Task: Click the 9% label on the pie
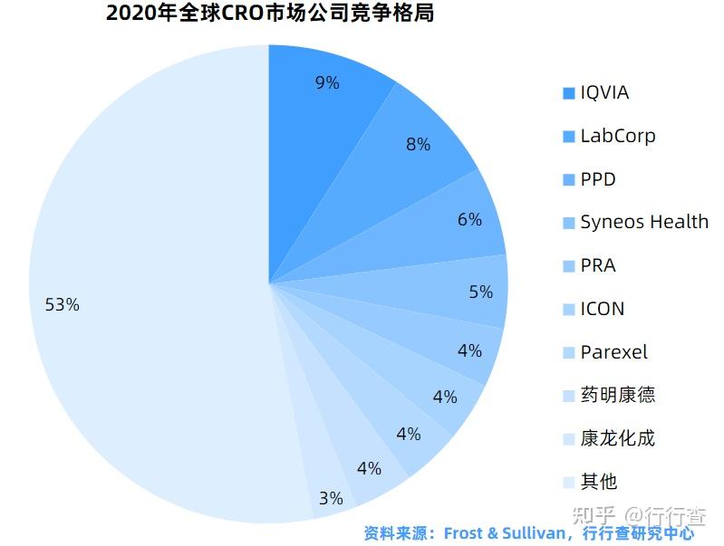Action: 327,83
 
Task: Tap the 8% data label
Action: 418,144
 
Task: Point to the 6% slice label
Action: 469,219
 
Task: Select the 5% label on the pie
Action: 480,292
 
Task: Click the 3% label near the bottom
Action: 331,498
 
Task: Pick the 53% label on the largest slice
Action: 63,305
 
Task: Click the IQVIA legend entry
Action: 603,92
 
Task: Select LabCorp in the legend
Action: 617,136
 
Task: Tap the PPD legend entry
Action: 597,179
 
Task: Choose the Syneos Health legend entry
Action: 643,222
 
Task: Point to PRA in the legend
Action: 597,265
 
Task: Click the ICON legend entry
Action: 602,309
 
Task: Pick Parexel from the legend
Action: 613,352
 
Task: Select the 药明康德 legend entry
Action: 617,395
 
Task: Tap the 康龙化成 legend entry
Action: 617,438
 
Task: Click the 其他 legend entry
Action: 599,482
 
